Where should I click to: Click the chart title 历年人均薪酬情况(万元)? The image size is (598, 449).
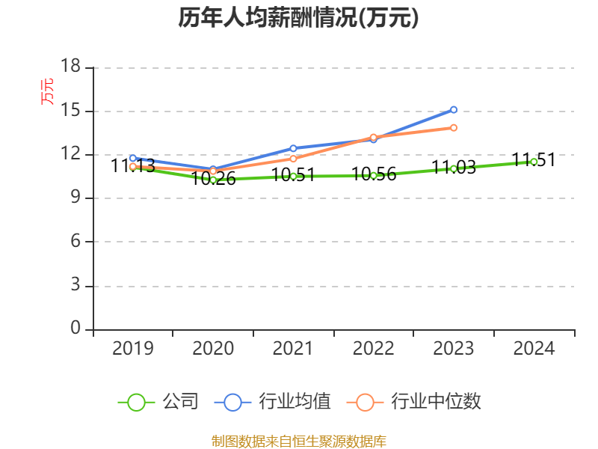tap(298, 17)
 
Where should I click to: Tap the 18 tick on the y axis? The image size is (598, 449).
tap(70, 67)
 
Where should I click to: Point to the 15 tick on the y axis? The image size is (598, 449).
tap(70, 111)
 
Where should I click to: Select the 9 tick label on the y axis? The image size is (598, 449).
tap(75, 198)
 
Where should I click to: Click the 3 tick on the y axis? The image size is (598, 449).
tap(75, 286)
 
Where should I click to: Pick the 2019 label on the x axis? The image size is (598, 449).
tap(133, 348)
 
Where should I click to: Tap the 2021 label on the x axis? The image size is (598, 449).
tap(293, 348)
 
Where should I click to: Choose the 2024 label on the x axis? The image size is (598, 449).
tap(534, 348)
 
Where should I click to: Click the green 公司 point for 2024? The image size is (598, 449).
tap(534, 161)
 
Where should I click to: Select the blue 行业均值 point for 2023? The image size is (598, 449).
tap(454, 109)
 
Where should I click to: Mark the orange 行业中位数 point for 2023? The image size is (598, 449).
tap(454, 127)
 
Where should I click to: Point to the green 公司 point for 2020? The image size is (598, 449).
tap(213, 180)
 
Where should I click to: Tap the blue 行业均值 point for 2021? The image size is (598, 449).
tap(293, 148)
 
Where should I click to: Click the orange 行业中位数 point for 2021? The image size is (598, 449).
tap(293, 159)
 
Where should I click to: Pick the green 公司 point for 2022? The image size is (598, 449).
tap(374, 175)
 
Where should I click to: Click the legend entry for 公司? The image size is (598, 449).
tap(158, 402)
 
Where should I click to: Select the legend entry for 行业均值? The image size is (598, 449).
tap(273, 402)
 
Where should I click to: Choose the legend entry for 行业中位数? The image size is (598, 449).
tap(415, 402)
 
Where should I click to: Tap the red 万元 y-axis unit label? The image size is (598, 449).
tap(47, 91)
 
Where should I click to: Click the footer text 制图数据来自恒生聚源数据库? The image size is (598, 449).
tap(298, 441)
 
